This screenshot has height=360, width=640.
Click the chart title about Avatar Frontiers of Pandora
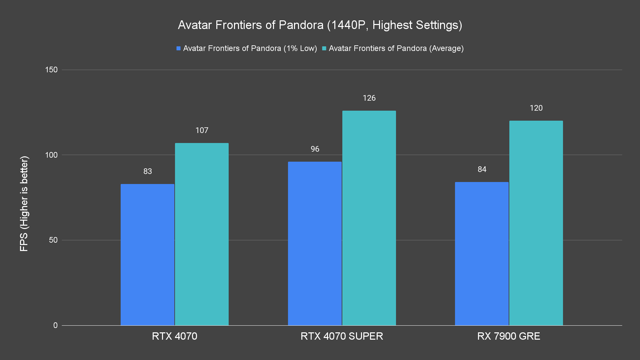click(x=320, y=25)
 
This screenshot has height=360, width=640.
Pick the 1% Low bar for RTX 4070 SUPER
click(x=315, y=243)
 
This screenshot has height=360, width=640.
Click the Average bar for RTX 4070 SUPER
click(x=369, y=218)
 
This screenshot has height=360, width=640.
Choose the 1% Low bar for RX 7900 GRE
click(x=482, y=253)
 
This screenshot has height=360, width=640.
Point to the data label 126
click(x=369, y=98)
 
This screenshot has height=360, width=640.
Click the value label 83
click(x=147, y=171)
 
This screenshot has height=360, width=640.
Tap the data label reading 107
click(x=202, y=130)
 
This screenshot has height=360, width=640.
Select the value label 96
click(x=315, y=149)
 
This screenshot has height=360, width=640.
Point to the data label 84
click(x=482, y=169)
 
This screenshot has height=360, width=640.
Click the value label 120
click(x=536, y=108)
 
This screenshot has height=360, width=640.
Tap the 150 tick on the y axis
click(x=51, y=70)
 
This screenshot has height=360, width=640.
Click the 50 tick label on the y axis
click(x=53, y=240)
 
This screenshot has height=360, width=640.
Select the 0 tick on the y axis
click(x=55, y=325)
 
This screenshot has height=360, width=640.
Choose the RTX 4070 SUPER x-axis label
click(x=342, y=336)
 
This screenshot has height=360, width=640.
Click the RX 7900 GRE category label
click(x=509, y=336)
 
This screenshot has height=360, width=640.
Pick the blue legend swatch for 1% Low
click(x=179, y=49)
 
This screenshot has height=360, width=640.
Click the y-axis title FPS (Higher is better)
click(x=24, y=203)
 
